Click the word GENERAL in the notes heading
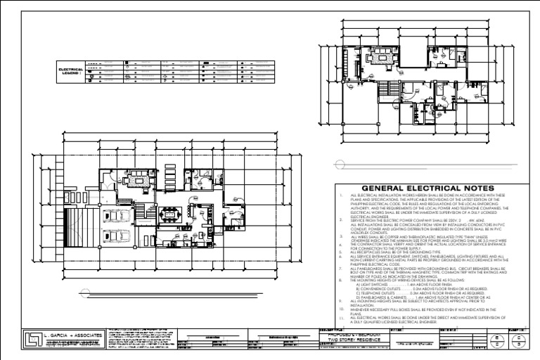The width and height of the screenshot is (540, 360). [378, 187]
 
